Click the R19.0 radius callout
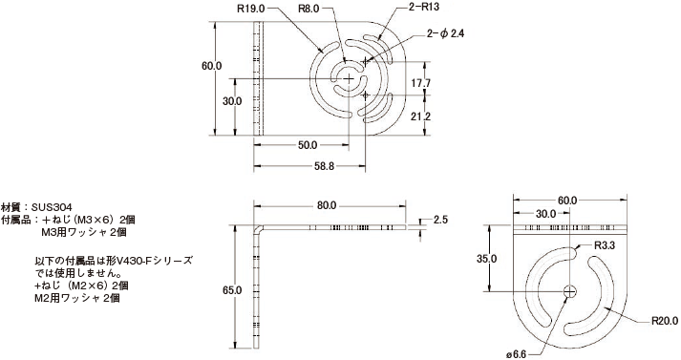(250, 10)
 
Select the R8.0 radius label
(309, 10)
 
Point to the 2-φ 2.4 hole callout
(445, 33)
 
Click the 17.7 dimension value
(421, 83)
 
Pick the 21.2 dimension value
(421, 116)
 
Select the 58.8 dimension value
(324, 166)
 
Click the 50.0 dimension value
(308, 145)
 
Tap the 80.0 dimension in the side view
(327, 206)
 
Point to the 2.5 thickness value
(440, 220)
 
